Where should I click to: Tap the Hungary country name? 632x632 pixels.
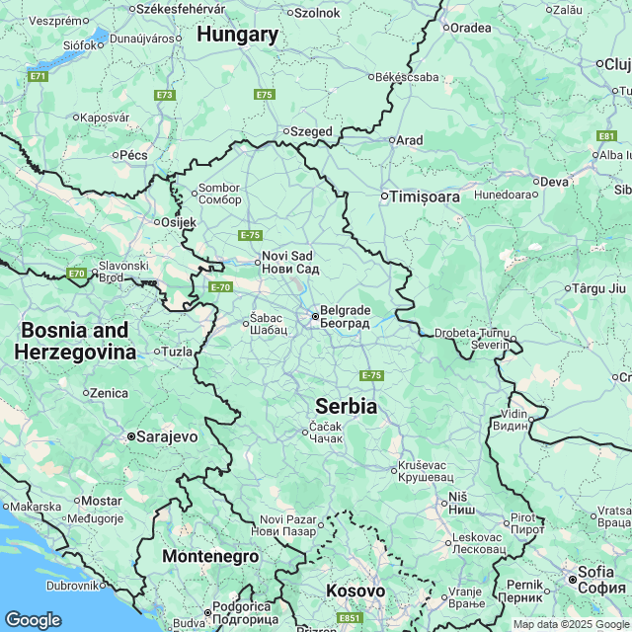point(237,35)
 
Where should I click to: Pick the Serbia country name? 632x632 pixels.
point(346,406)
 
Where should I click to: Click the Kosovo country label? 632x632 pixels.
point(355,591)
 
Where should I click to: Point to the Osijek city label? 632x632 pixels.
point(178,222)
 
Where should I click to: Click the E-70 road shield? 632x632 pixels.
point(220,286)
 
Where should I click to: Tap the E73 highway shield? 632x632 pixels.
point(164,95)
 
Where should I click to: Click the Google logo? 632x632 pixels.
point(33,619)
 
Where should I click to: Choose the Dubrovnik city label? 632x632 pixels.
point(73,585)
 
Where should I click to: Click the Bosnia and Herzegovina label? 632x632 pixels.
point(75,341)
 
